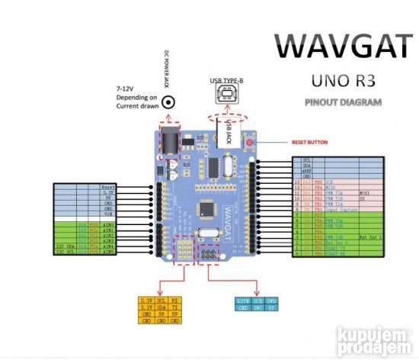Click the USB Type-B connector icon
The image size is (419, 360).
tap(226, 95)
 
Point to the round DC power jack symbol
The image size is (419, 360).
tap(168, 101)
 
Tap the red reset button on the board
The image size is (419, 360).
tap(249, 141)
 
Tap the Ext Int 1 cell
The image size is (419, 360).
tap(369, 236)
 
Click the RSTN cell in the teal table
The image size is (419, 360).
tap(243, 301)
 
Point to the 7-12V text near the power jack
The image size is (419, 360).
tap(126, 88)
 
